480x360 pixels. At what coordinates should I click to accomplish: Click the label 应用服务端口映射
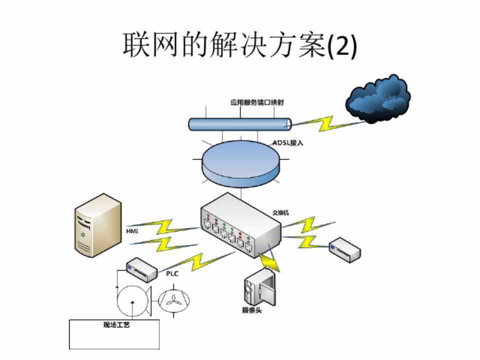point(253,102)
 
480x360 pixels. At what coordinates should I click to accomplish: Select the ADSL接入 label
point(288,142)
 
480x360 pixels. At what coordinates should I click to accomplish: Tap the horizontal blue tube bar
point(240,123)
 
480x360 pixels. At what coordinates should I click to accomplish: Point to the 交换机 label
point(280,212)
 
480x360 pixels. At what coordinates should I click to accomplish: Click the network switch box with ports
point(239,225)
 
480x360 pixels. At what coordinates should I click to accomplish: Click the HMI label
point(132,231)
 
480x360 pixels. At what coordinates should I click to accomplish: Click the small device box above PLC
point(141,267)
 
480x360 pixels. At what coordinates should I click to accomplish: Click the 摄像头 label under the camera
point(251,310)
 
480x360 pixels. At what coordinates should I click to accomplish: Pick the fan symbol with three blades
point(174,300)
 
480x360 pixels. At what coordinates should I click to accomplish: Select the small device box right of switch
point(345,249)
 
